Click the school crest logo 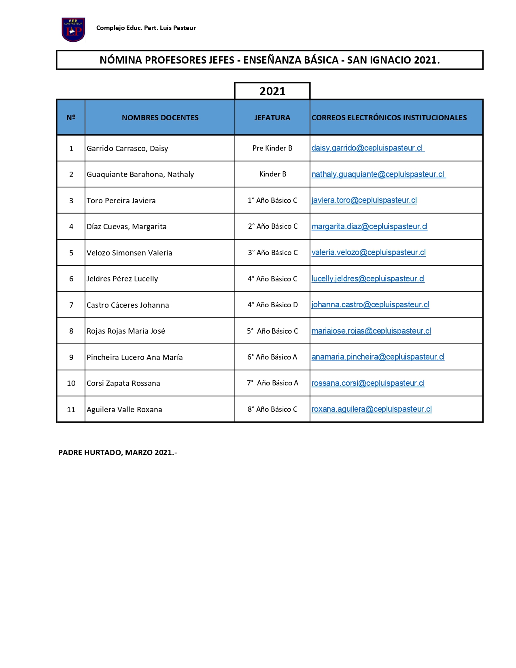(x=73, y=29)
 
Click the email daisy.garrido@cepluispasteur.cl (x=367, y=148)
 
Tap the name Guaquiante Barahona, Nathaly (x=140, y=174)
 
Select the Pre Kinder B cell (x=272, y=148)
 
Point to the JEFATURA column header (x=272, y=118)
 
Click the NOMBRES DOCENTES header (x=160, y=118)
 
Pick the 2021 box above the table (x=272, y=91)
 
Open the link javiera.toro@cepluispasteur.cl (x=364, y=200)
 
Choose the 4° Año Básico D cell (x=272, y=305)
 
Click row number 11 (x=71, y=410)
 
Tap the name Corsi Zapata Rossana (x=123, y=383)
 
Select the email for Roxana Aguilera (x=372, y=409)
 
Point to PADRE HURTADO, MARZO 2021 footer (x=117, y=453)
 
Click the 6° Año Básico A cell (x=272, y=357)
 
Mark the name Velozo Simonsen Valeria (x=129, y=253)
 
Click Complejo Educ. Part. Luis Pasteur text (x=146, y=28)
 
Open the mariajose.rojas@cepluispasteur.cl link (x=371, y=331)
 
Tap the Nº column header (x=71, y=118)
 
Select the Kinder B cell (x=273, y=174)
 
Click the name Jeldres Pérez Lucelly (x=122, y=279)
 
